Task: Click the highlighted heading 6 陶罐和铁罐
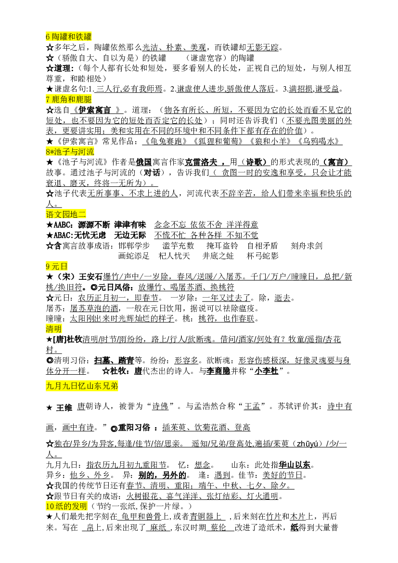click(68, 37)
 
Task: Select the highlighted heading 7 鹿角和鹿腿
click(68, 100)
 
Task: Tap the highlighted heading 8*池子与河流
click(70, 152)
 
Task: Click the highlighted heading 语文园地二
click(66, 214)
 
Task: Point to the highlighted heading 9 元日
click(57, 266)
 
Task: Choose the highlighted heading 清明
click(54, 329)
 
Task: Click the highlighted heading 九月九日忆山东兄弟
click(82, 386)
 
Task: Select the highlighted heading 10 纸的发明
click(66, 506)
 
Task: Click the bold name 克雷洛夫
click(201, 162)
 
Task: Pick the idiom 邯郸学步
click(134, 246)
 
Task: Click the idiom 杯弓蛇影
click(262, 256)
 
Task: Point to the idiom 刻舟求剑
click(307, 246)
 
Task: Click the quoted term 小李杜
click(266, 371)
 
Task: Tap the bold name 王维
click(64, 407)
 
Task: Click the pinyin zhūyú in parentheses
click(307, 444)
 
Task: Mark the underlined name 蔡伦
click(218, 527)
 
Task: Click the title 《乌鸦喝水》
click(318, 142)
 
